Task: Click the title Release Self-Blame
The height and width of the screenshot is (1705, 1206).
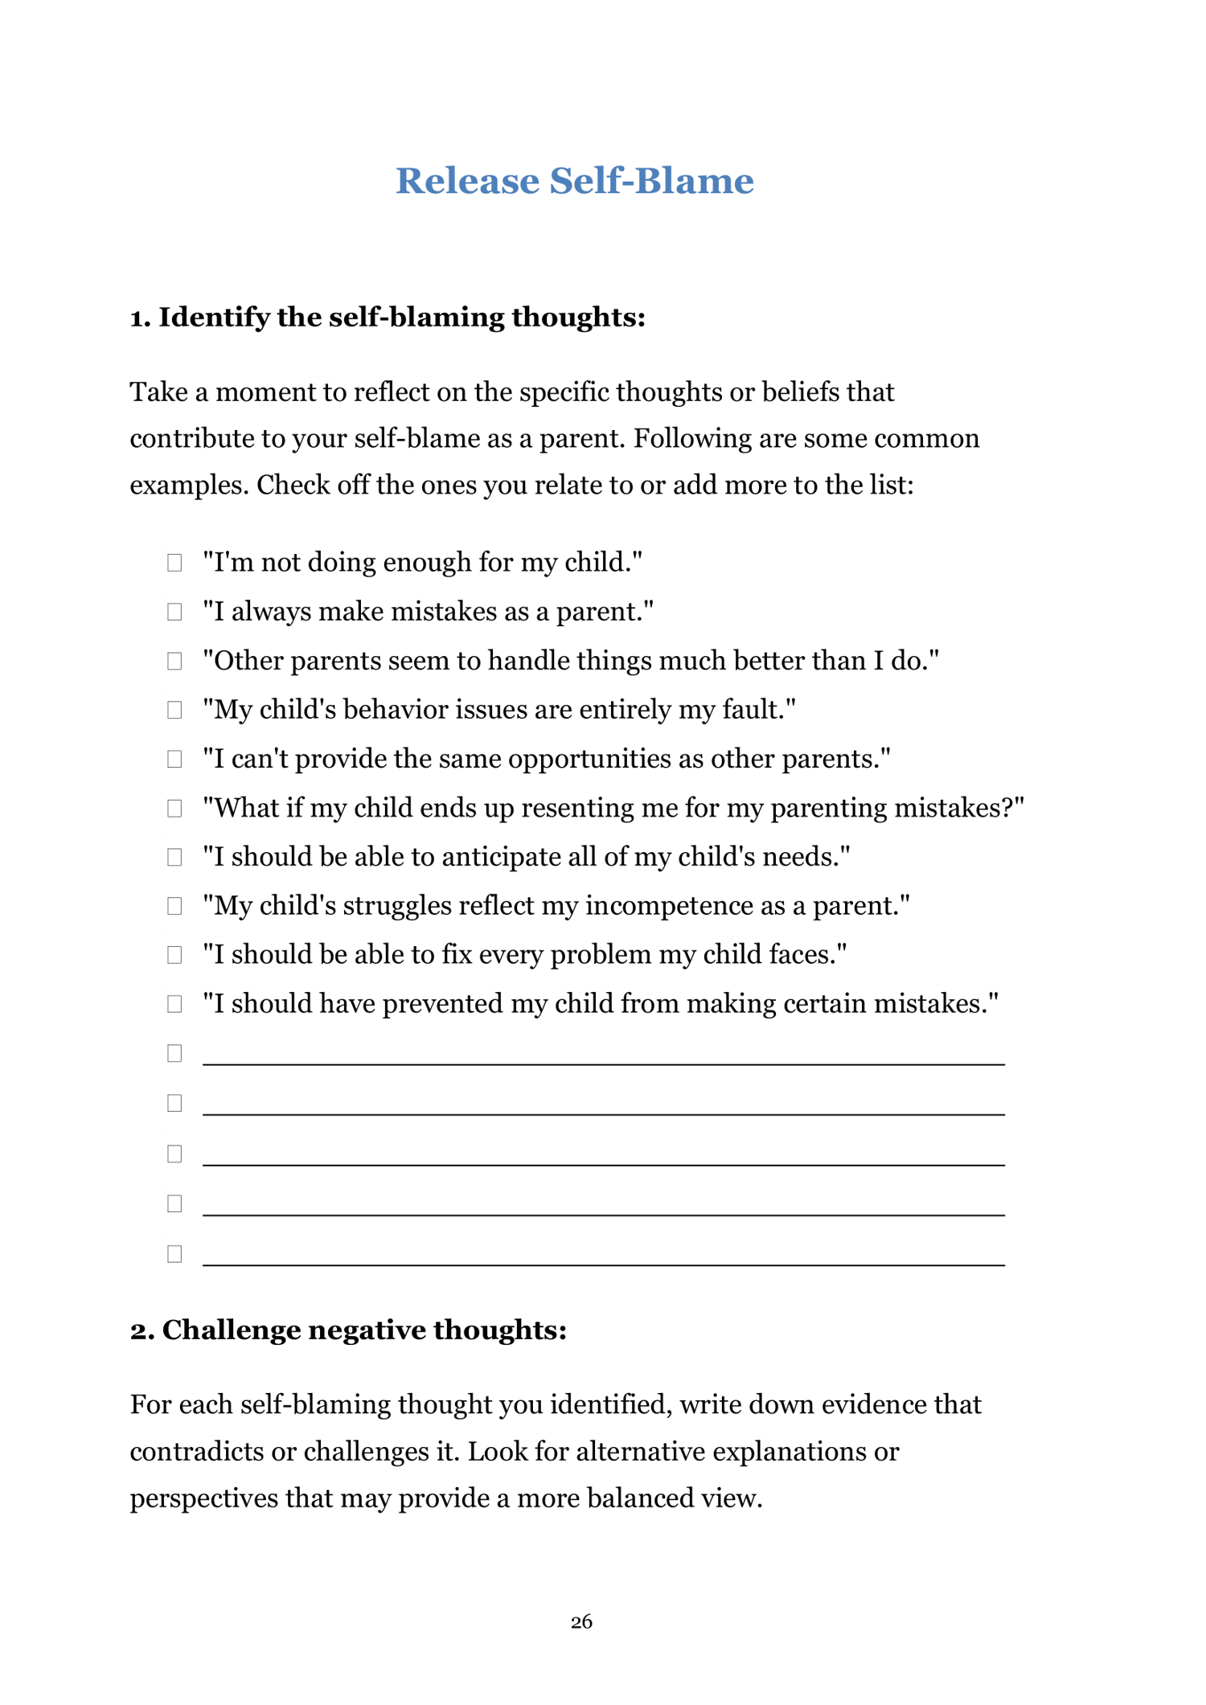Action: click(x=574, y=181)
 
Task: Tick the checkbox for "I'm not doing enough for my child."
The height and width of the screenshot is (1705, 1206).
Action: click(x=174, y=563)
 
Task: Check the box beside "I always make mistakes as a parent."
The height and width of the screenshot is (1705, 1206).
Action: click(x=174, y=612)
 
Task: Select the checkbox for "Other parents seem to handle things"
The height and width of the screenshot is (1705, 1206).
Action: click(x=174, y=661)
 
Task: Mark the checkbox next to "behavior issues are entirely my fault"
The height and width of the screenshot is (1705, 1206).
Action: click(x=174, y=710)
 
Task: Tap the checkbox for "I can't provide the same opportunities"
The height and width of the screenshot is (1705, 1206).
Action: click(x=174, y=759)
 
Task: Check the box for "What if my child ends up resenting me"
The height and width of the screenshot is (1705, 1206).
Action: click(x=174, y=808)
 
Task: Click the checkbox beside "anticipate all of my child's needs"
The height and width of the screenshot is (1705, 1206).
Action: click(x=174, y=857)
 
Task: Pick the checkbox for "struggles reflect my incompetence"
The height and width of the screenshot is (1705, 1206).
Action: click(x=174, y=906)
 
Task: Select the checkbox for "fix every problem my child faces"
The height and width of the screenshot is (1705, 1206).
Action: click(x=174, y=955)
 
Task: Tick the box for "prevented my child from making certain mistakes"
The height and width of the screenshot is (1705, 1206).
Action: click(x=174, y=1004)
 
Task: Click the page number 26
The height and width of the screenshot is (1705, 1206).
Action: click(x=581, y=1622)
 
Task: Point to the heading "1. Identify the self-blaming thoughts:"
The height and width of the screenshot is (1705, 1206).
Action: click(x=388, y=318)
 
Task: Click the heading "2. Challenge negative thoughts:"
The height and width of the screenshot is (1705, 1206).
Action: click(x=348, y=1330)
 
